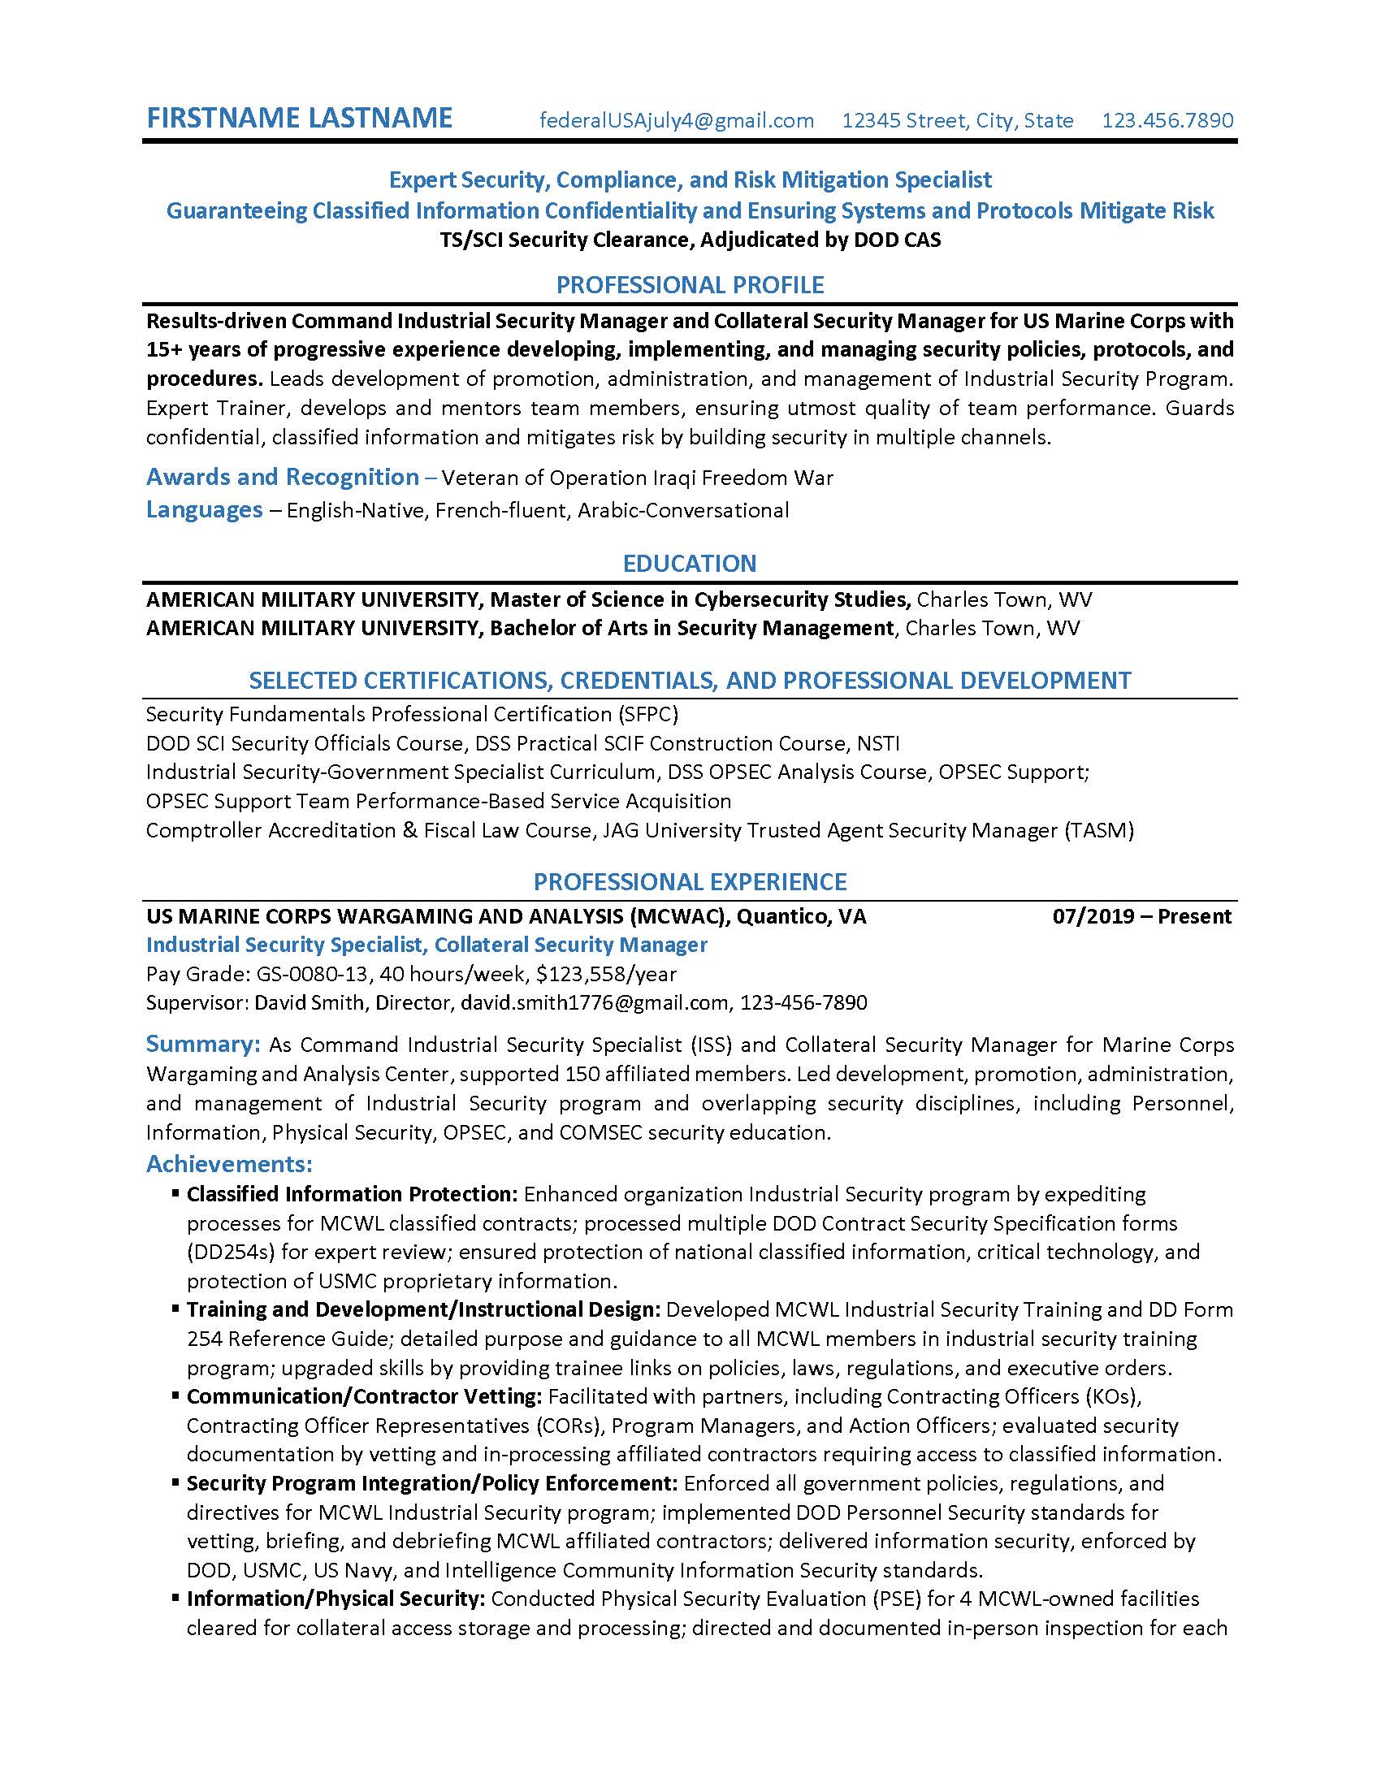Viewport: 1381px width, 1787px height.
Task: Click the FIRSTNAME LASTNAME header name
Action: [x=299, y=118]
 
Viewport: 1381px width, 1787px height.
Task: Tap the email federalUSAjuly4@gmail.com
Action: [x=677, y=121]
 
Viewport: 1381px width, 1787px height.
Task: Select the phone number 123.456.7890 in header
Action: [x=1167, y=121]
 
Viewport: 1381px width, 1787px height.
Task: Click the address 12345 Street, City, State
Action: [x=957, y=121]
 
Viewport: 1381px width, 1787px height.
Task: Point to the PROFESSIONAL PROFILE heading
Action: [x=690, y=286]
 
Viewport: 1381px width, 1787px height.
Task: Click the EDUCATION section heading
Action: [x=690, y=564]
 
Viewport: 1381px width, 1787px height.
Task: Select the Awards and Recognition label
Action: [x=282, y=477]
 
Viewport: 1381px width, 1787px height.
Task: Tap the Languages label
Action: [x=205, y=510]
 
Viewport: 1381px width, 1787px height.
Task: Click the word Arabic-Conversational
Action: [x=683, y=511]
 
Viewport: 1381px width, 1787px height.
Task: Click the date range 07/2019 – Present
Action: [x=1141, y=916]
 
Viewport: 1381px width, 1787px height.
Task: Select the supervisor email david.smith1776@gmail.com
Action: [x=594, y=1002]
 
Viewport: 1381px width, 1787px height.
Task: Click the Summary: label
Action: [x=203, y=1044]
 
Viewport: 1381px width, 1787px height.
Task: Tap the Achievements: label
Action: [x=229, y=1163]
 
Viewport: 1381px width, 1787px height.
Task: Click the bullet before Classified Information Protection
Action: [x=175, y=1194]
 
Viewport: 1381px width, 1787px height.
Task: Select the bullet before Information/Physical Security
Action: [x=175, y=1598]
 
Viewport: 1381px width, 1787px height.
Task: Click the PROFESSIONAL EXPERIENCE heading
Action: [x=690, y=882]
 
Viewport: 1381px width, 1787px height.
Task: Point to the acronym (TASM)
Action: [x=1099, y=830]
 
